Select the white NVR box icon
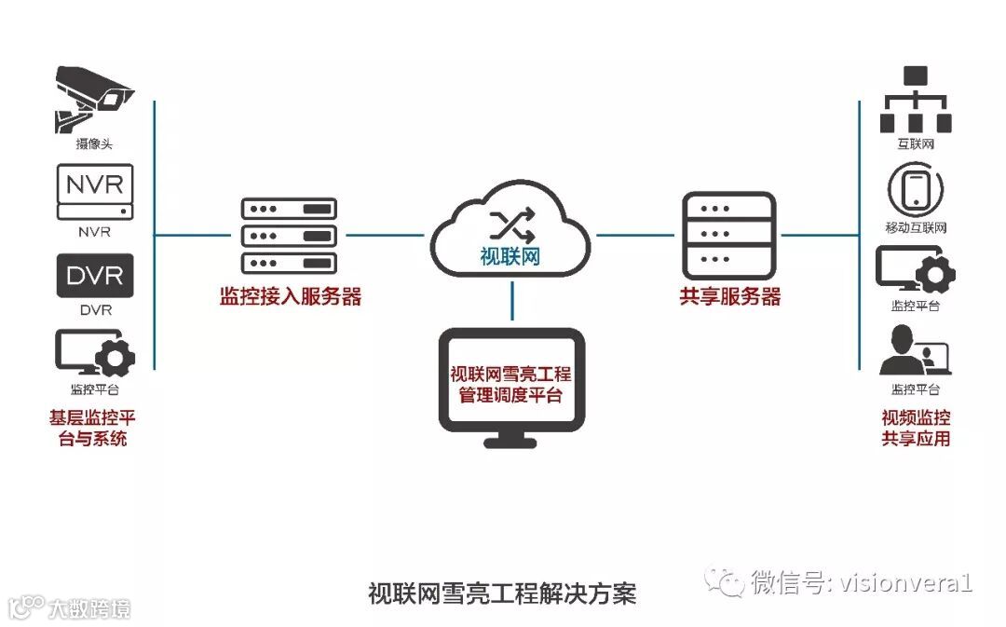95,190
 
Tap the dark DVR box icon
95,274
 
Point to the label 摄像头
95,144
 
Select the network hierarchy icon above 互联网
915,101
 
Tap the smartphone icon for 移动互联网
915,188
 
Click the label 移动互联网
916,227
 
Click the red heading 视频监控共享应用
916,427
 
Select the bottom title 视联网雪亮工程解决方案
502,593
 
